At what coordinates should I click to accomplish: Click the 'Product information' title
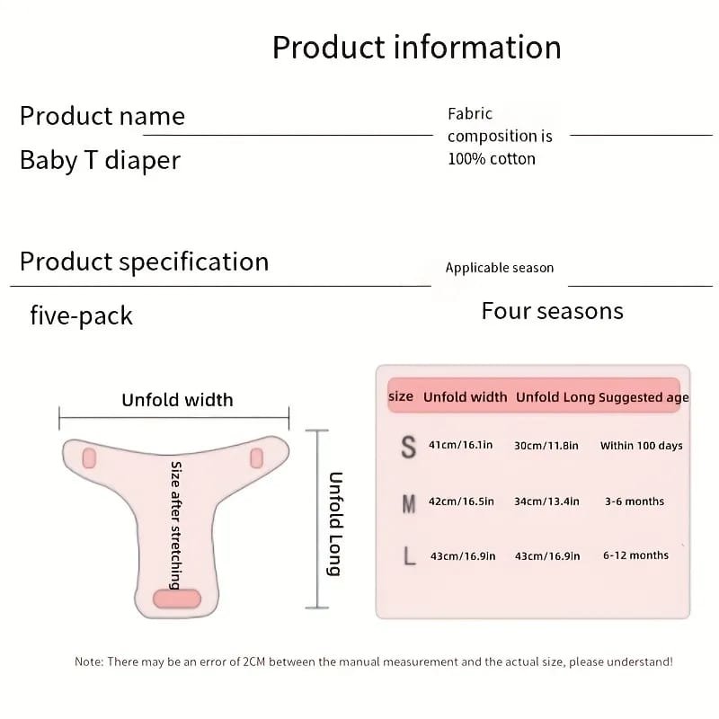pos(416,48)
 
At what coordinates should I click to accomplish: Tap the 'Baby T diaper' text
pos(100,161)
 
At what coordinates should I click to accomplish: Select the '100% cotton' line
pos(492,159)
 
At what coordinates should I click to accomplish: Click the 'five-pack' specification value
pos(81,316)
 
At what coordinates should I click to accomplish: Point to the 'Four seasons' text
pos(552,311)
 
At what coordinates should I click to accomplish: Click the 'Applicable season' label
pos(500,268)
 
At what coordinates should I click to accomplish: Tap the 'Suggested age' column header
pos(644,397)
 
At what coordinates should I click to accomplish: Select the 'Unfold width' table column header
pos(465,397)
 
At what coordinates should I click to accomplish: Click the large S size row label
pos(409,447)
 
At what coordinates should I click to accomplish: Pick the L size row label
pos(409,556)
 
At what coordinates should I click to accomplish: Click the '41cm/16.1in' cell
pos(460,445)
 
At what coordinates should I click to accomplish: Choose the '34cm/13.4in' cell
pos(546,502)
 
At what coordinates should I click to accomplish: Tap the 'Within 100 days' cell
pos(641,445)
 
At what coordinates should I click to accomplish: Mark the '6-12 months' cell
pos(635,555)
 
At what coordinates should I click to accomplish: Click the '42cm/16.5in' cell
pos(461,502)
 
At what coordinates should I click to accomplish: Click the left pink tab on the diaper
pos(89,458)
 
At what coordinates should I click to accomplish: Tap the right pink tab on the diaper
pos(256,458)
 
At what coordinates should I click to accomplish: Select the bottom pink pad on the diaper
pos(177,599)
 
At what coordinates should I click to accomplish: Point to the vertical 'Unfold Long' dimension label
pos(335,524)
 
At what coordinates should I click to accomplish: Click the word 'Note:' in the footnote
pos(89,661)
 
